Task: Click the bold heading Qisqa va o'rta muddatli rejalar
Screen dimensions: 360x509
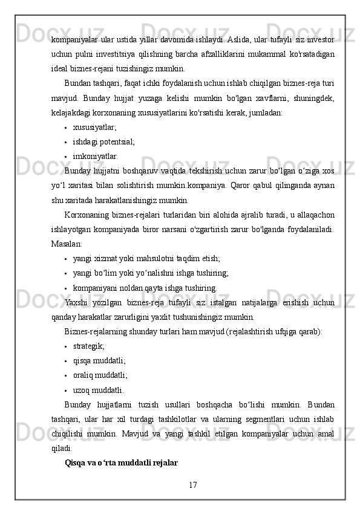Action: pyautogui.click(x=121, y=463)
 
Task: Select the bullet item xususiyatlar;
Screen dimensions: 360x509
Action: pyautogui.click(x=95, y=128)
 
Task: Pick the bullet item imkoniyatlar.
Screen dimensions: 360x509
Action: pyautogui.click(x=96, y=157)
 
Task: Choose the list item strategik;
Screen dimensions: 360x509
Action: pyautogui.click(x=88, y=346)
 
